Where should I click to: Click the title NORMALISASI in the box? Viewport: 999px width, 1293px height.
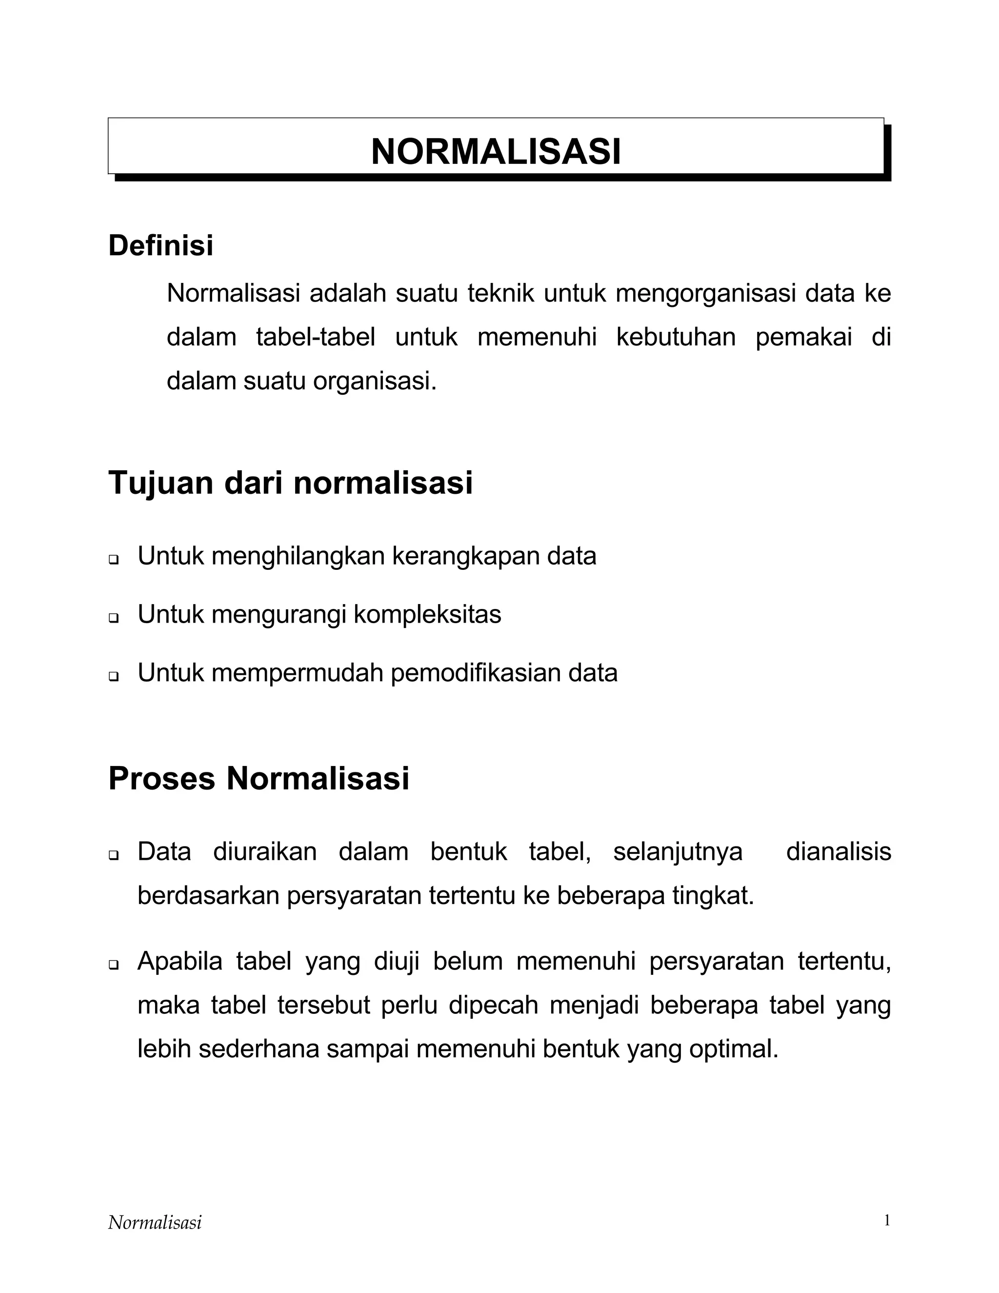(x=496, y=152)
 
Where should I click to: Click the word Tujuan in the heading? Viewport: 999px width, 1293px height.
(x=160, y=483)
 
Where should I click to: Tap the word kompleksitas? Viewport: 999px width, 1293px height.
(x=427, y=614)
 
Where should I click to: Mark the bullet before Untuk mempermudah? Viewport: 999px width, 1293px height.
(x=113, y=676)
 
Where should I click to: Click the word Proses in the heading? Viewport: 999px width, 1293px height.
(x=161, y=779)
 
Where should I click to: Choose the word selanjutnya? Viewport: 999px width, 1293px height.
(x=678, y=852)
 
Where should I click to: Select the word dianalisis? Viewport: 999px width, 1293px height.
(x=838, y=852)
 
